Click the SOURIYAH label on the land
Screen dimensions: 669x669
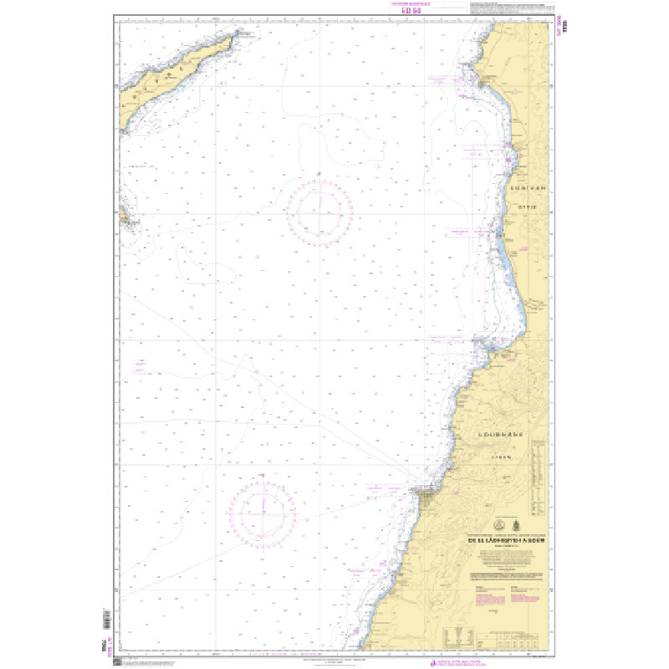(527, 188)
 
